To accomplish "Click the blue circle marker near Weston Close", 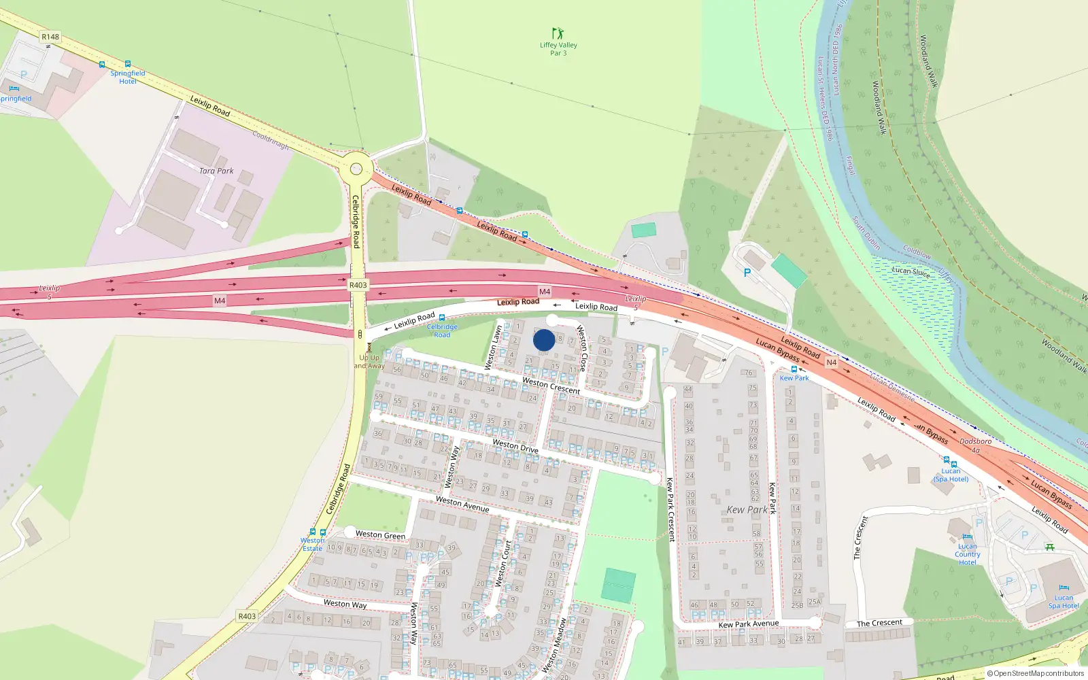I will [543, 340].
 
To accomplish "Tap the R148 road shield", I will [50, 37].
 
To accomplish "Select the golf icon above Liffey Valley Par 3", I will [558, 33].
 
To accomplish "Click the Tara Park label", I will [216, 171].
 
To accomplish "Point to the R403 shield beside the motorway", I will [358, 285].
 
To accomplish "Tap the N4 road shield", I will [831, 362].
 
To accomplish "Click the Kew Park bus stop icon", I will [794, 369].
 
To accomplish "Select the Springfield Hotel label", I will [128, 77].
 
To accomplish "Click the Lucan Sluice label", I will [911, 271].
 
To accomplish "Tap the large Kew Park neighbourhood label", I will [747, 509].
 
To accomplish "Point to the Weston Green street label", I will [380, 535].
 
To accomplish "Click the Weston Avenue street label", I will [462, 504].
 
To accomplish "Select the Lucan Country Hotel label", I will [967, 554].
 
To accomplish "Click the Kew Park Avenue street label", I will [749, 624].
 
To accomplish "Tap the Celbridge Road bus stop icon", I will [442, 318].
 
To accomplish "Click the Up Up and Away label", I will [369, 361].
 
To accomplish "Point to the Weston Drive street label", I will [515, 446].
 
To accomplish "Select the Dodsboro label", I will [975, 441].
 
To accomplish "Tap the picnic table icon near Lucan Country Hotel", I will [1050, 547].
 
